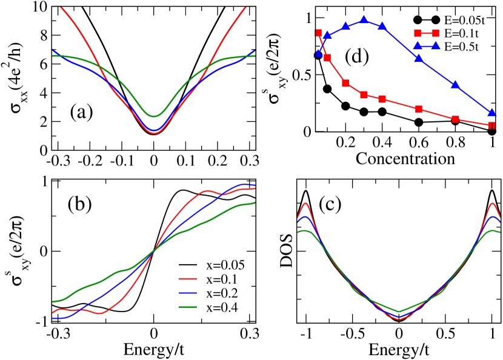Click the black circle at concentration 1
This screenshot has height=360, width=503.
[x=492, y=131]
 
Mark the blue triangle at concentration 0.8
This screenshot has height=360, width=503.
[x=455, y=85]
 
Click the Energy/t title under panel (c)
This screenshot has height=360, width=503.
[x=399, y=350]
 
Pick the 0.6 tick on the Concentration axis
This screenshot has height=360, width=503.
[x=419, y=144]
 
